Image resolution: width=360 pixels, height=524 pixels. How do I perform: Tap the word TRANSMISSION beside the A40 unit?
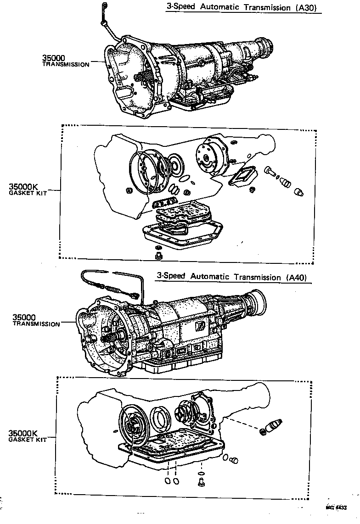click(x=36, y=324)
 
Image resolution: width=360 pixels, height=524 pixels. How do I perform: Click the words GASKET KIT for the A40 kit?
click(x=27, y=440)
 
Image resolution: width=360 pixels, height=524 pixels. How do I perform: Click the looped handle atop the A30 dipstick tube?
click(x=104, y=6)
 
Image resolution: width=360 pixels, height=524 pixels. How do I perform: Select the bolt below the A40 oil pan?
click(x=201, y=482)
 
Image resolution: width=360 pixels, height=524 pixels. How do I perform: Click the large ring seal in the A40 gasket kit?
click(x=162, y=418)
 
